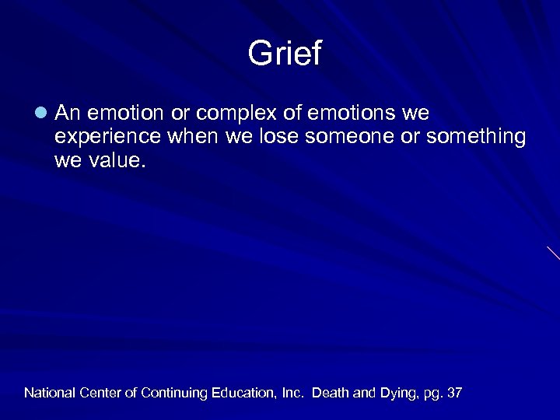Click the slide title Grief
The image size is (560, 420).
click(x=284, y=54)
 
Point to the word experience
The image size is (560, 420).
click(x=103, y=137)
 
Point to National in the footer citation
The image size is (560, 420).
click(x=50, y=394)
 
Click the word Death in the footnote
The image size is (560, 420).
click(x=331, y=394)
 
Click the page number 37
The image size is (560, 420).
click(x=454, y=394)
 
